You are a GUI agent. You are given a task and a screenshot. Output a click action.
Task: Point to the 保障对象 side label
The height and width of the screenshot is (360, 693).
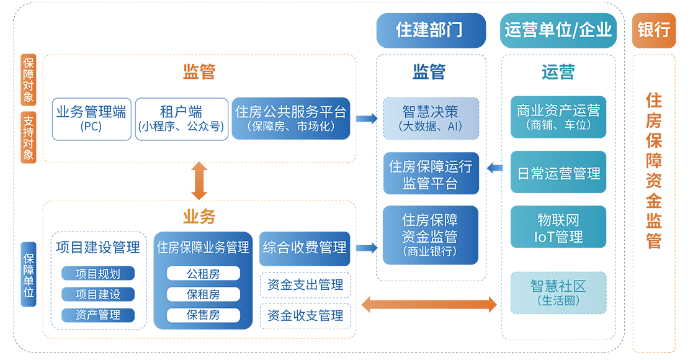29,80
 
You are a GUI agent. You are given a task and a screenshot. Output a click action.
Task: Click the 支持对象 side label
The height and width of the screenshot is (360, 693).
29,137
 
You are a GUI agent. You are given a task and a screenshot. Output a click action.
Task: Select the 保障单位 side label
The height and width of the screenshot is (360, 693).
29,276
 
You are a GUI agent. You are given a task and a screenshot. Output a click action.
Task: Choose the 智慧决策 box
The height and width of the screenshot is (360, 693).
431,118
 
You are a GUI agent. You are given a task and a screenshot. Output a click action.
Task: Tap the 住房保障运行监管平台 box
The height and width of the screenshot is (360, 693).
431,174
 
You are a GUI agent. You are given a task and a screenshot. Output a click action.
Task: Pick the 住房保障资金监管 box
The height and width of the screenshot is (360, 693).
430,235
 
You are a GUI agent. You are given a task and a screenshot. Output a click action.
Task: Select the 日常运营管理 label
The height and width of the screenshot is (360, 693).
558,174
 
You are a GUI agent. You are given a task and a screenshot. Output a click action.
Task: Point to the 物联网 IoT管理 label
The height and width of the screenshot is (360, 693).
558,228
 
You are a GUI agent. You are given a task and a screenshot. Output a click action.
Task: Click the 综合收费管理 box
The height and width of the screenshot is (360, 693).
305,247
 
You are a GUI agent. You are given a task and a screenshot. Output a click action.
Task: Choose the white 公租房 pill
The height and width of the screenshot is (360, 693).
203,273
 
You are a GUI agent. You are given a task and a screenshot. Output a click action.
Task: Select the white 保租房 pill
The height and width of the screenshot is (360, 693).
203,294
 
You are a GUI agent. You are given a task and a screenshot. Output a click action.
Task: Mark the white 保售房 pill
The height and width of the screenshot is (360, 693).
203,315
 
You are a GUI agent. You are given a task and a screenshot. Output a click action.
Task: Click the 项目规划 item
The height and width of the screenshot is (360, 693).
97,274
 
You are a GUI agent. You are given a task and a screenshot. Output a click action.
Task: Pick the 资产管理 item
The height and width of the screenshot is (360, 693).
97,315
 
